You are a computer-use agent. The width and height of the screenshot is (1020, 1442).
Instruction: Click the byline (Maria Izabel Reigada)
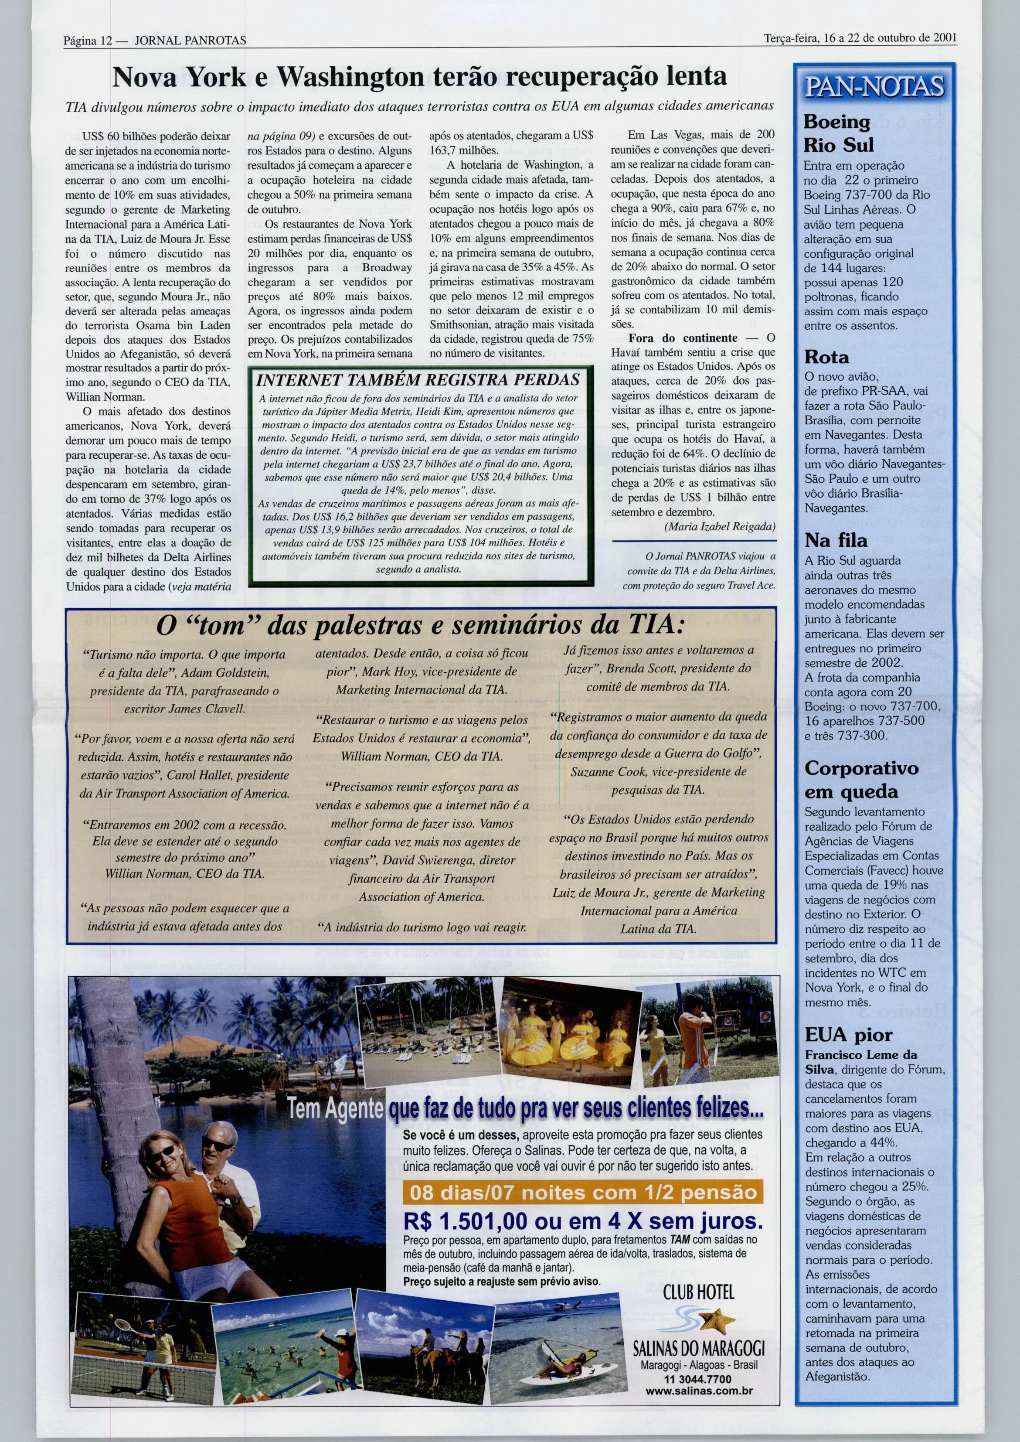(720, 527)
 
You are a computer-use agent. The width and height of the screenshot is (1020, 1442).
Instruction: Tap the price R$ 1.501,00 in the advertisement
(465, 1221)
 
